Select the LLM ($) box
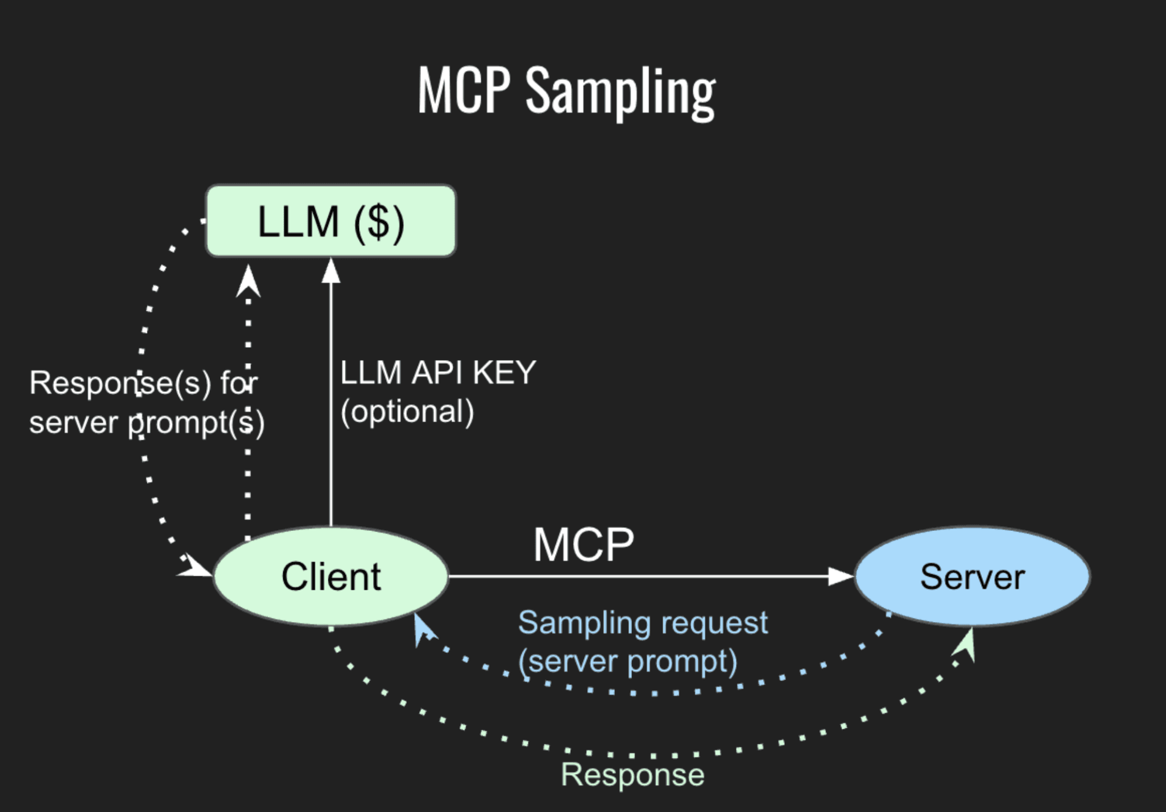coord(331,221)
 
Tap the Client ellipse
coord(331,576)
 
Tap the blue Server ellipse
coord(972,576)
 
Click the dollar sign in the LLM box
coord(379,222)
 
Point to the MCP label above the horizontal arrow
coord(584,544)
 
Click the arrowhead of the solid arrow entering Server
coord(841,576)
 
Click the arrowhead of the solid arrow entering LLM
coord(331,271)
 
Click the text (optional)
coord(407,412)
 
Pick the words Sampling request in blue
coord(642,623)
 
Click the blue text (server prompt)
coord(628,661)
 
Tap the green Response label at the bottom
coord(633,775)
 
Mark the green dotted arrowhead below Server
coord(966,643)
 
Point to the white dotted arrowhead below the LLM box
coord(248,281)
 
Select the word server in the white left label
coord(73,423)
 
